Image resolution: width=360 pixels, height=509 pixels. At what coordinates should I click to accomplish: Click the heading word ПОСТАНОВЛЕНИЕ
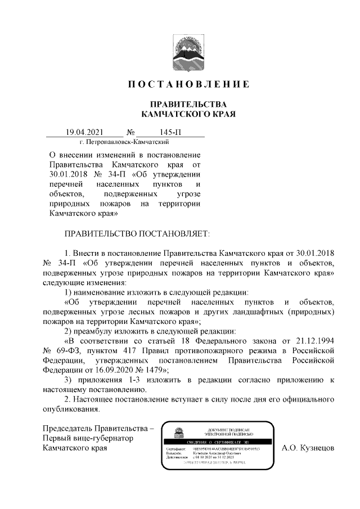tap(188, 85)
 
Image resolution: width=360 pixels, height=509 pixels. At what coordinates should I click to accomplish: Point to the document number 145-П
tap(170, 133)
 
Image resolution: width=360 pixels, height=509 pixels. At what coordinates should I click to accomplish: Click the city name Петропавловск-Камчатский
tap(124, 142)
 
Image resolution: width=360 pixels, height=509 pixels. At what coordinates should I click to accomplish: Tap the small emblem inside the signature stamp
tap(178, 433)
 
